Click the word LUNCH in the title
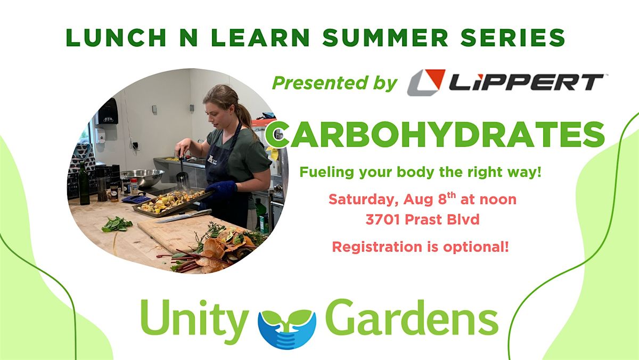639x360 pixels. click(x=116, y=37)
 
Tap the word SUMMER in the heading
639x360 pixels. click(x=385, y=37)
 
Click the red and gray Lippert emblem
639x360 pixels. click(x=426, y=83)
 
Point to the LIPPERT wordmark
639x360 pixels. click(x=526, y=82)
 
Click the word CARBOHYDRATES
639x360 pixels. click(x=435, y=134)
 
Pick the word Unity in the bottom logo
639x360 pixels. click(x=194, y=322)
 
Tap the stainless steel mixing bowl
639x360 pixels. click(x=143, y=177)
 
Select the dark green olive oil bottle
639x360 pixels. click(x=84, y=184)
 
